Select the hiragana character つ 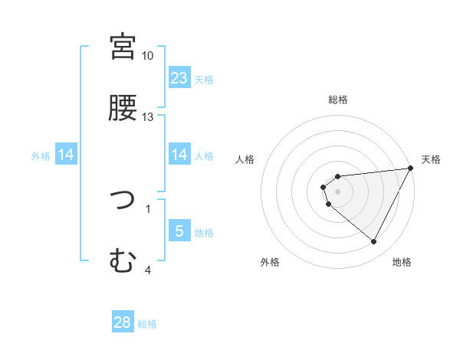123,201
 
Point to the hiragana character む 123,262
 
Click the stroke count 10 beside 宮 148,56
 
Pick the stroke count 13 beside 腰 148,116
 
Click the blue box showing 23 179,77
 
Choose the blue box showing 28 123,322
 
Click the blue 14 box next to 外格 66,155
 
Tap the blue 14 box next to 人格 179,155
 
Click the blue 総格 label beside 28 147,324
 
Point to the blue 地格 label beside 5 204,232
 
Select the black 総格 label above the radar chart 337,100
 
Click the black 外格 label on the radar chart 270,262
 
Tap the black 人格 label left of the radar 246,159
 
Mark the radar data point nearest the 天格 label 411,169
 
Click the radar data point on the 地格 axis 374,242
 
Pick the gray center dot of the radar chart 337,191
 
